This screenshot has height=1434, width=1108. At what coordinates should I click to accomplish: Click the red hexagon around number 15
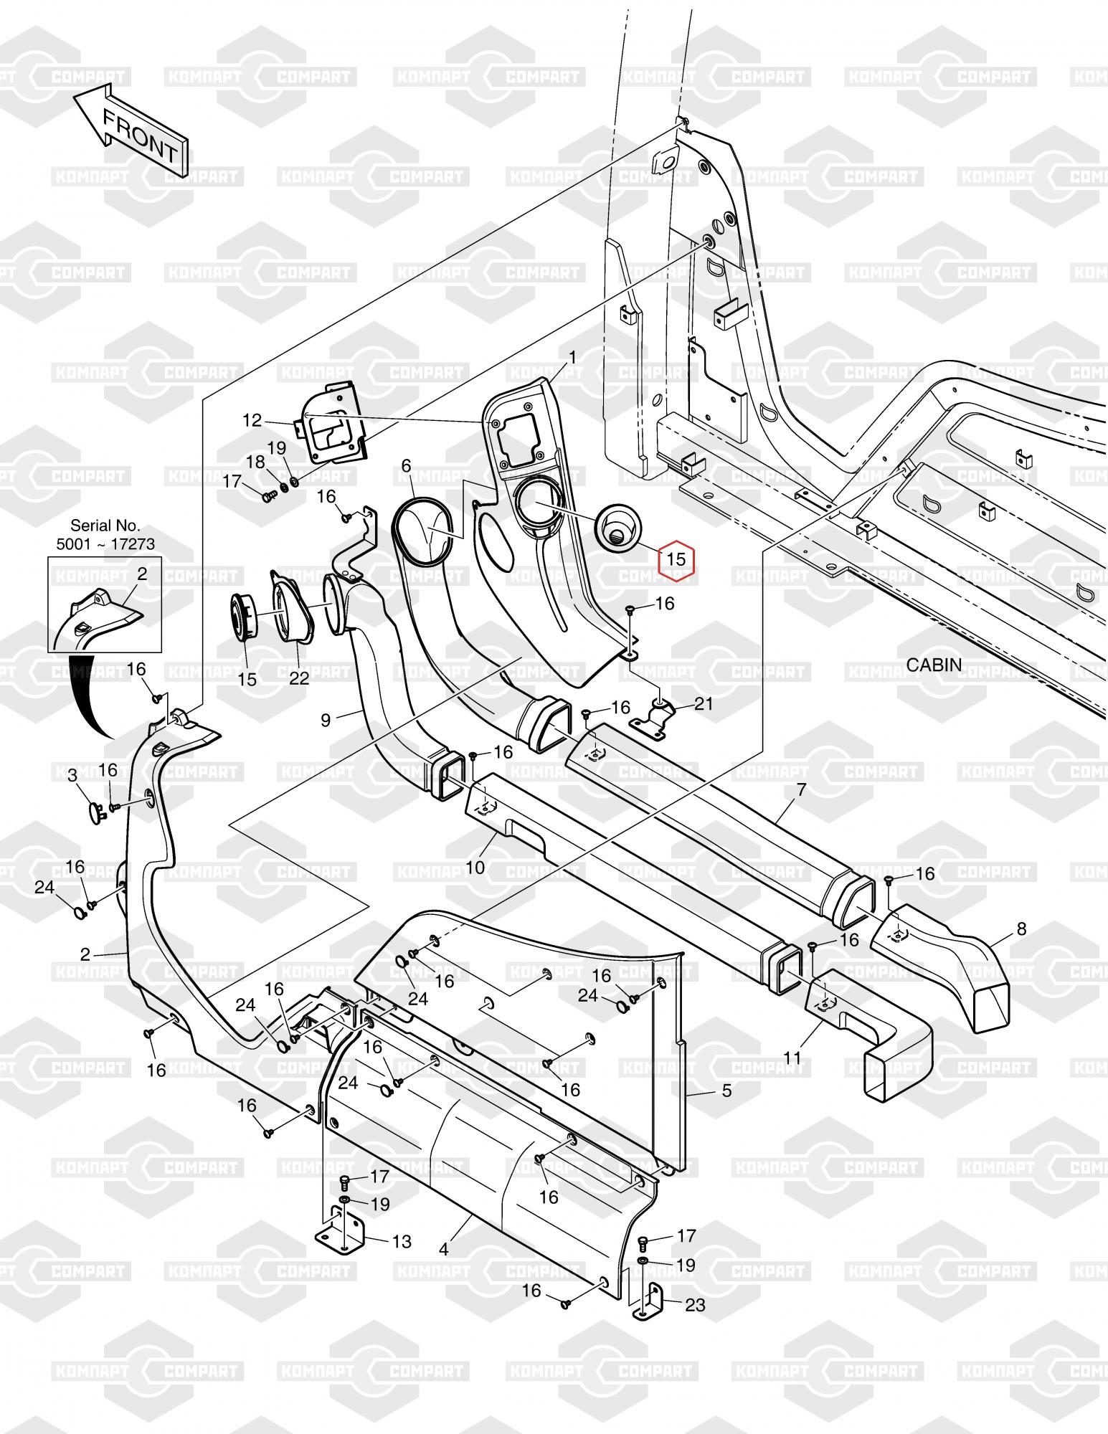tap(676, 558)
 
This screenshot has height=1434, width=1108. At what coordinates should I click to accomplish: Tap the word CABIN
tap(934, 665)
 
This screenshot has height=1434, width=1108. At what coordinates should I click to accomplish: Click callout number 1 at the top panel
tap(573, 356)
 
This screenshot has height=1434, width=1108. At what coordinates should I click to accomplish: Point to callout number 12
tap(252, 420)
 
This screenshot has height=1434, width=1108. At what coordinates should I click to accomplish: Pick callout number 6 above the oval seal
tap(406, 466)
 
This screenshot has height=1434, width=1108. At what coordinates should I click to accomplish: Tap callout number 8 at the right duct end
tap(1021, 931)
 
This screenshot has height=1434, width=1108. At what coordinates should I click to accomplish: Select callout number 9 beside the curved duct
tap(326, 720)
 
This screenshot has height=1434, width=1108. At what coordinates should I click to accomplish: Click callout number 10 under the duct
tap(475, 868)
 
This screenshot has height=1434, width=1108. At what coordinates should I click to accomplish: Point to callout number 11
tap(792, 1058)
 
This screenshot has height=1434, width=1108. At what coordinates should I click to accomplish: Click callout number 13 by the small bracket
tap(402, 1241)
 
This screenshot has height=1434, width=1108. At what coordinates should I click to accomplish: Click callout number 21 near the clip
tap(704, 704)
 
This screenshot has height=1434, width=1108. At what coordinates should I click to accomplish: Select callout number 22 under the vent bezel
tap(299, 678)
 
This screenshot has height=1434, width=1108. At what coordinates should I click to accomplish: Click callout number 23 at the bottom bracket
tap(696, 1304)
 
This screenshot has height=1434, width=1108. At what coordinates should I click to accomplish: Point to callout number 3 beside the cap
tap(72, 775)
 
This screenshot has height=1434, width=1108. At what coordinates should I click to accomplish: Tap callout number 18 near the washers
tap(256, 462)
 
